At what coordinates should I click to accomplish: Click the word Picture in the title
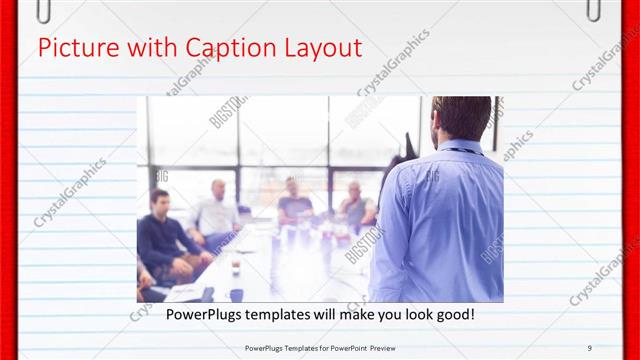click(x=73, y=47)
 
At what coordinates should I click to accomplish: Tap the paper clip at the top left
click(x=43, y=10)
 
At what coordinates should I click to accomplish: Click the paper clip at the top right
click(x=595, y=10)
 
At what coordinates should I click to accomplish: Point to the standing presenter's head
click(x=462, y=118)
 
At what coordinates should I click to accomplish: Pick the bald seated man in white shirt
click(x=216, y=210)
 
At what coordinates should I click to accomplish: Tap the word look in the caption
click(x=414, y=315)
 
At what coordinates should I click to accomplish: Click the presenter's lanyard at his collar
click(x=462, y=150)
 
